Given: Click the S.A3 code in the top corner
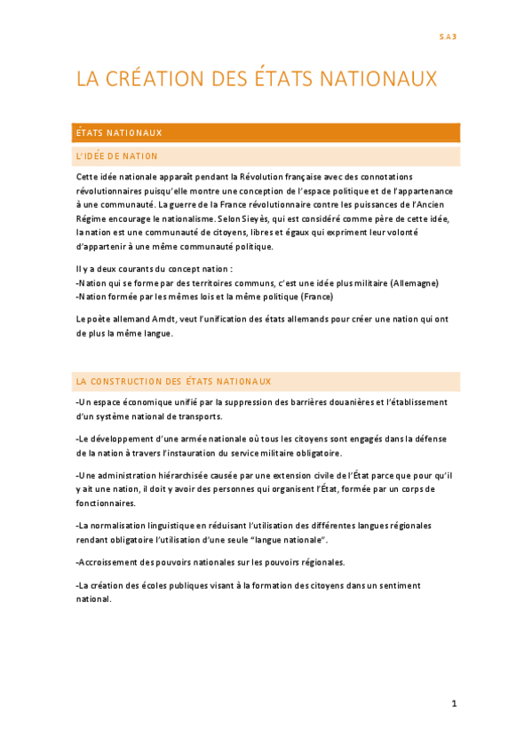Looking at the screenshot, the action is tap(449, 36).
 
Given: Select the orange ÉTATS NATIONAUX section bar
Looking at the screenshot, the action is tap(267, 132).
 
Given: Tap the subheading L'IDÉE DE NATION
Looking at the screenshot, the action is tap(117, 156).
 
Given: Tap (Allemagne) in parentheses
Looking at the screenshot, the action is tap(414, 282).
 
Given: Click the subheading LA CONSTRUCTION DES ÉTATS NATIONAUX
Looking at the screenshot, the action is tap(173, 381).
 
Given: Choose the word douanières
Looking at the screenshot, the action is tap(346, 402).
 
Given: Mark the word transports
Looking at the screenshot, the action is tap(201, 416).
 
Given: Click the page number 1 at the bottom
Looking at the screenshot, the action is tap(454, 704).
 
